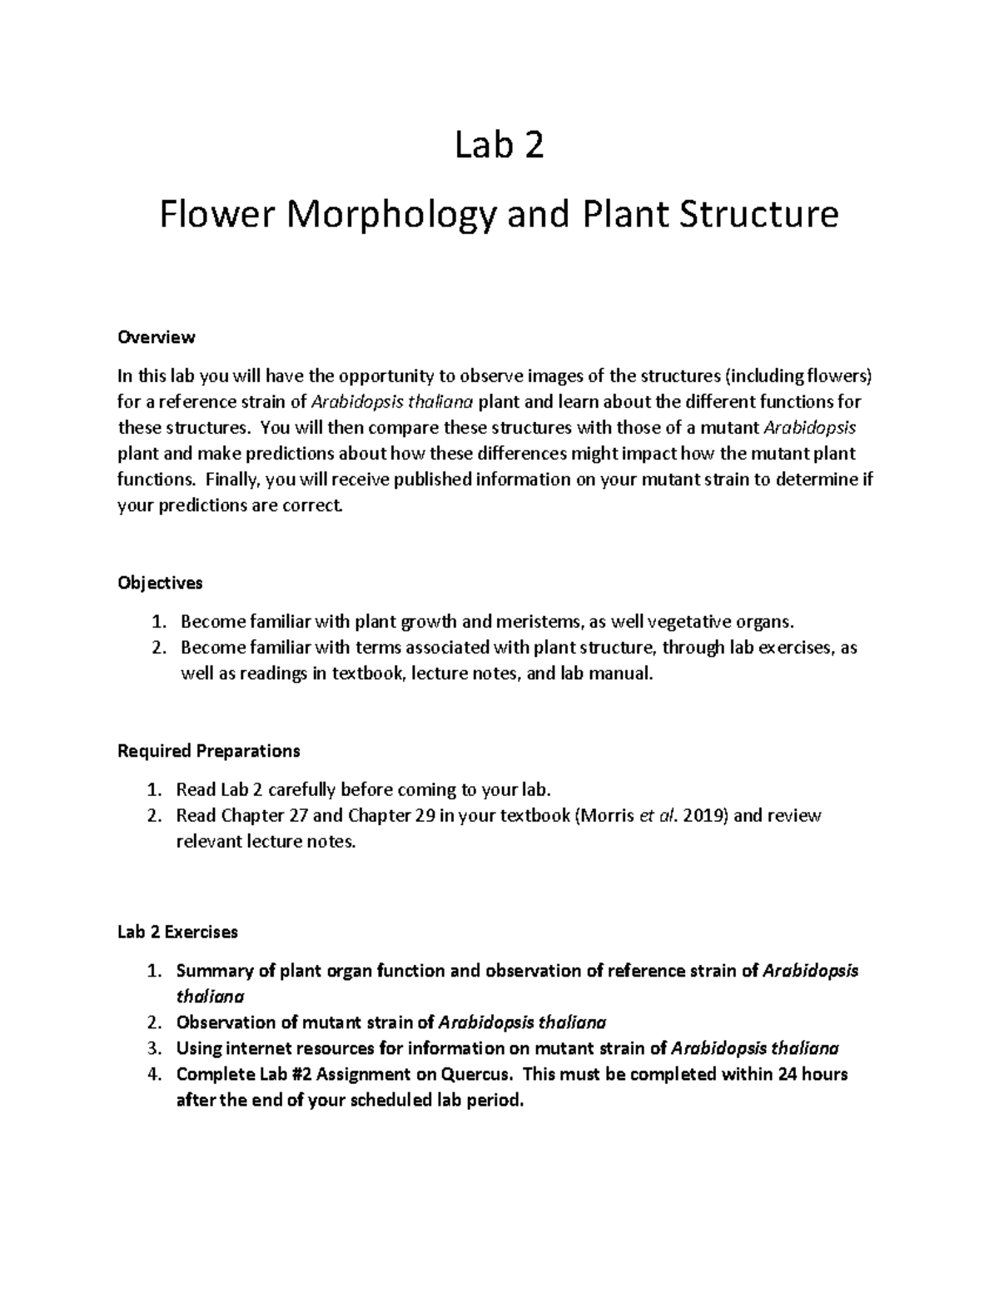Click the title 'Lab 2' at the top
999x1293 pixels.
coord(499,147)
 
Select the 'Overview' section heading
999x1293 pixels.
coord(157,337)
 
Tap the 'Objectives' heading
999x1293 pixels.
coord(160,583)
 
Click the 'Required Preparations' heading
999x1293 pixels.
coord(208,751)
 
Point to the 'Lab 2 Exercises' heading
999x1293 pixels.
coord(177,932)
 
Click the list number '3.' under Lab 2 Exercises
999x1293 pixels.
coord(152,1048)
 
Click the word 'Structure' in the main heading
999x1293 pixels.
coord(753,216)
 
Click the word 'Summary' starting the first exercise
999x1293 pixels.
coord(208,971)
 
